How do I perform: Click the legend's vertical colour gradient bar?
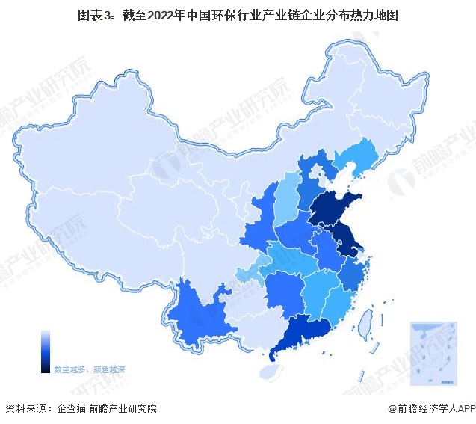tap(46, 351)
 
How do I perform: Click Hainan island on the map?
tap(267, 369)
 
